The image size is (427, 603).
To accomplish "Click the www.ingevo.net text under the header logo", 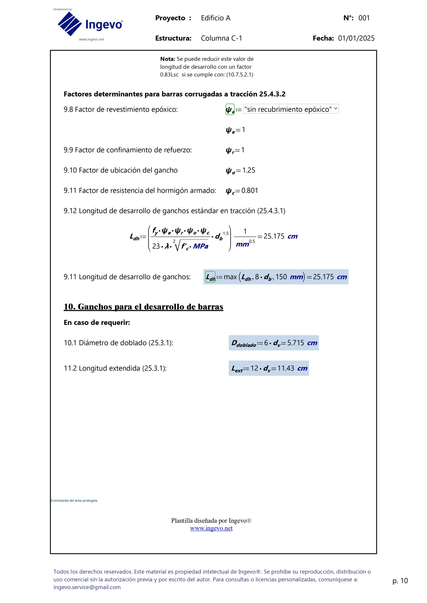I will point(91,39).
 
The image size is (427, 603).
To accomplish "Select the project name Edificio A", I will point(216,18).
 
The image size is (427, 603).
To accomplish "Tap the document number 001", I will point(364,18).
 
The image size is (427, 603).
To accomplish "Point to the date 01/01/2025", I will point(356,38).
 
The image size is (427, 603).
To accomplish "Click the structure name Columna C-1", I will point(221,38).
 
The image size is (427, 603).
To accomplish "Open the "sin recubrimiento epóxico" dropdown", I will point(291,109).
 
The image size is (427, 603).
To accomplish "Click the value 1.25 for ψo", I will point(249,170).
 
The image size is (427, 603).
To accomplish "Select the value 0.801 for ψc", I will point(249,190).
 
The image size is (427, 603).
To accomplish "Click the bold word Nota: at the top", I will point(167,59).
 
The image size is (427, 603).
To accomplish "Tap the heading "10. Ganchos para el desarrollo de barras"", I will point(143,306).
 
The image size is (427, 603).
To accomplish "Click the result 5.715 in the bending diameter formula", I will point(295,343).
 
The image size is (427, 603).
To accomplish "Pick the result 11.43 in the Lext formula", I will point(286,368).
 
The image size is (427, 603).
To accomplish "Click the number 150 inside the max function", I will point(281,277).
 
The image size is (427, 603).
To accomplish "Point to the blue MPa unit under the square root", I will point(201,246).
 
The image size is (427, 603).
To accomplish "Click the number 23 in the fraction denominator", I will point(156,246).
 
